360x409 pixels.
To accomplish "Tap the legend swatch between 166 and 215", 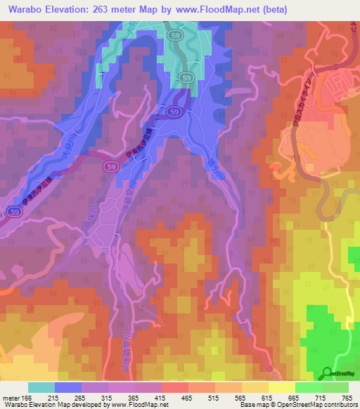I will click(x=41, y=387).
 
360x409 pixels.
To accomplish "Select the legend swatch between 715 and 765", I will click(x=335, y=387).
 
